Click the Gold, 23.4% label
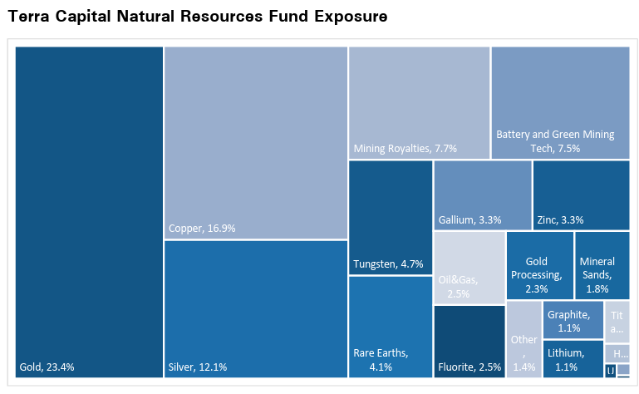pyautogui.click(x=47, y=367)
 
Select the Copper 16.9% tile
pyautogui.click(x=255, y=142)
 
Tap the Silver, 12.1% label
pyautogui.click(x=197, y=367)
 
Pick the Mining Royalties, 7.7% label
pyautogui.click(x=394, y=149)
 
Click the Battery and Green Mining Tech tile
pyautogui.click(x=559, y=102)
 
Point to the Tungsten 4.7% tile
pyautogui.click(x=390, y=217)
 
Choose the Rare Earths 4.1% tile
pyautogui.click(x=389, y=327)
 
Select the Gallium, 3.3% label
pyautogui.click(x=469, y=220)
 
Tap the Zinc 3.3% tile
pyautogui.click(x=580, y=195)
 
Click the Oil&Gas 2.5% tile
pyautogui.click(x=469, y=268)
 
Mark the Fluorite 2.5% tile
pyautogui.click(x=469, y=341)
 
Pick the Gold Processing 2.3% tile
pyautogui.click(x=539, y=265)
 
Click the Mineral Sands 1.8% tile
pyautogui.click(x=601, y=265)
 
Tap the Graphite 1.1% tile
pyautogui.click(x=573, y=320)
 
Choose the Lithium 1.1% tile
pyautogui.click(x=573, y=358)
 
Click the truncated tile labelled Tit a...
pyautogui.click(x=617, y=321)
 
